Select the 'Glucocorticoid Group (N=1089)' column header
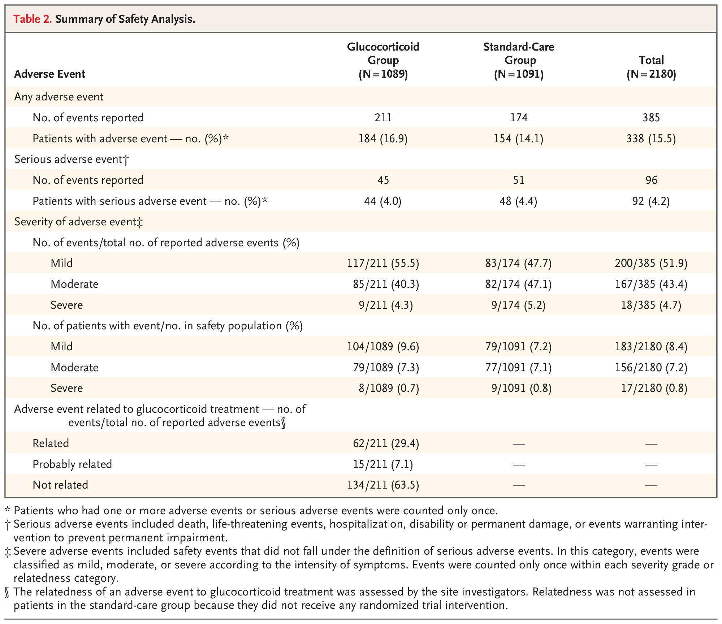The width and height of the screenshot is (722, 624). tap(383, 60)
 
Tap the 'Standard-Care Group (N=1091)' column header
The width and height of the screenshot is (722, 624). tap(519, 60)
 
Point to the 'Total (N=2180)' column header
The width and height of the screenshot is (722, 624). tap(651, 67)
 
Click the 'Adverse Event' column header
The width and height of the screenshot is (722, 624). tap(50, 74)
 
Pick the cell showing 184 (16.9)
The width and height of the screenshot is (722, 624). tap(383, 139)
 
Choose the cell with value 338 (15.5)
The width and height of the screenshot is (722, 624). tap(651, 139)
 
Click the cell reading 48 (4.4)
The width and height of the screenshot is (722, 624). tap(519, 201)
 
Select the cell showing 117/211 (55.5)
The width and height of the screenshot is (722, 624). tap(383, 263)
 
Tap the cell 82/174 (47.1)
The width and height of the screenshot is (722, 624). tap(519, 284)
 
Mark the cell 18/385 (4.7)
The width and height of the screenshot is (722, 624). tap(651, 305)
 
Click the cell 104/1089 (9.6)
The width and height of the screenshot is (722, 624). tap(383, 347)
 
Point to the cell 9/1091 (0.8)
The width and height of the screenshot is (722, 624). tap(522, 388)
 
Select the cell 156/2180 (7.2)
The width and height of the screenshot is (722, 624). tap(651, 368)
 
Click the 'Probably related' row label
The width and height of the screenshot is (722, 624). tap(72, 464)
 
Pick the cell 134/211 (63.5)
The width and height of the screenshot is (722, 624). tap(383, 485)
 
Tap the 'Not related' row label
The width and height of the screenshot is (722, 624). tap(60, 485)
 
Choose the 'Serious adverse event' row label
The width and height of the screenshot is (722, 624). tap(72, 160)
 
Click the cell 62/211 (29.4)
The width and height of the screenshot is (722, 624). tap(386, 443)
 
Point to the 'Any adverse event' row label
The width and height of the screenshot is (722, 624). tap(59, 97)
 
